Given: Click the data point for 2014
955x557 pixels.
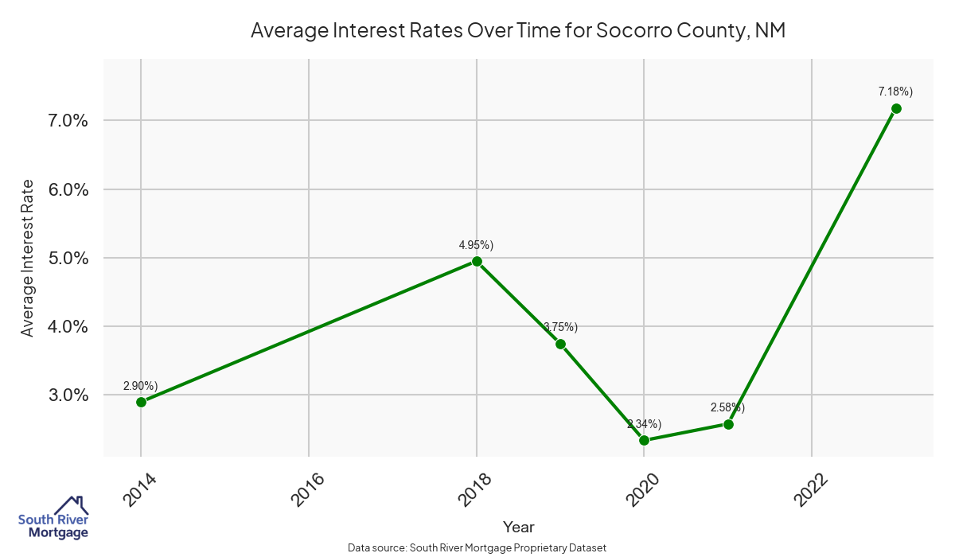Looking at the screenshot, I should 141,402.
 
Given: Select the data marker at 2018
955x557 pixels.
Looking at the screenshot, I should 477,261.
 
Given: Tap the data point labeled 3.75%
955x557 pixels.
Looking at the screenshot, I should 560,344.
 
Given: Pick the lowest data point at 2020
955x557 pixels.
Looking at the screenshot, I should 644,440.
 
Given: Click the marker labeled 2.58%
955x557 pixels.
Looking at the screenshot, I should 728,424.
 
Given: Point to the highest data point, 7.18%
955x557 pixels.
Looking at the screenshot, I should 896,108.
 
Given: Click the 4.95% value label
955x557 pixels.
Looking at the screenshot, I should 476,244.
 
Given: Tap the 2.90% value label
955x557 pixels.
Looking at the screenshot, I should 141,386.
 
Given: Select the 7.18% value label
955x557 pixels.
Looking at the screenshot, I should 895,92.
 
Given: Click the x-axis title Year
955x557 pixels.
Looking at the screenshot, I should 518,527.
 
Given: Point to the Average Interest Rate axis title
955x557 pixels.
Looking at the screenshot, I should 28,258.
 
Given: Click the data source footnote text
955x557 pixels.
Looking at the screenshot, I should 477,547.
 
